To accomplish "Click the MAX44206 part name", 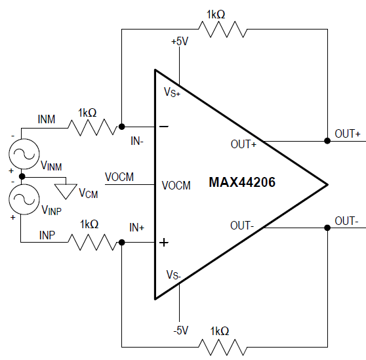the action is (242, 182).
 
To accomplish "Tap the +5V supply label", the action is (180, 41).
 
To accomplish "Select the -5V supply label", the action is (180, 330).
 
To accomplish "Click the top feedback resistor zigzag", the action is (222, 29).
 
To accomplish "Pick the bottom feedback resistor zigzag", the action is (222, 347).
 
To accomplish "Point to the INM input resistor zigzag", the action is (92, 127).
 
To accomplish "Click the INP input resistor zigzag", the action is (92, 242).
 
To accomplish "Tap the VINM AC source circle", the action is (24, 154).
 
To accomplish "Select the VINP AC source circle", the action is (24, 199).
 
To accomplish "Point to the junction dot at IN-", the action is (121, 127).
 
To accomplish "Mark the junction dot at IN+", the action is (121, 243).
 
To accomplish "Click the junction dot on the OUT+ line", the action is (327, 141).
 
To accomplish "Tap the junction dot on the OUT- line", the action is (327, 228).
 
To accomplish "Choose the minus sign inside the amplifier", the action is (164, 127).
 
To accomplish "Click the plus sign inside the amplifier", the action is (164, 243).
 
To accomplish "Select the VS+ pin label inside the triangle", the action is (172, 92).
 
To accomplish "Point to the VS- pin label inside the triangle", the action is (173, 275).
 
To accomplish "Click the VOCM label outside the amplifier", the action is (119, 177).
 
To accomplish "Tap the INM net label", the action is (47, 119).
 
